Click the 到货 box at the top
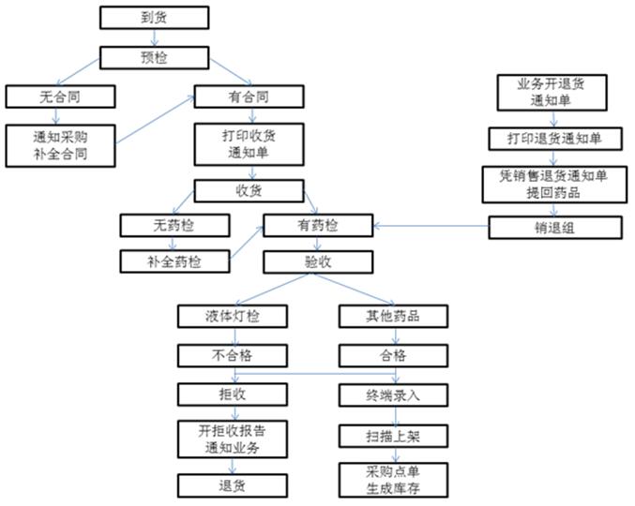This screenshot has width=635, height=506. click(153, 17)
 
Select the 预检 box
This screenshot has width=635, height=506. click(153, 57)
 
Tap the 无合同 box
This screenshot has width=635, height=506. click(60, 97)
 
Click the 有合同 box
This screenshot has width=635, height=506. click(249, 97)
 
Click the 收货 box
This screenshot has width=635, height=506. click(249, 190)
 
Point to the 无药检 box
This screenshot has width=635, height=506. click(174, 225)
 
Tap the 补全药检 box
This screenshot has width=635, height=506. click(174, 260)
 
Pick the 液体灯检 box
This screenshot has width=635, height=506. click(232, 316)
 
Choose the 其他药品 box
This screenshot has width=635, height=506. click(393, 316)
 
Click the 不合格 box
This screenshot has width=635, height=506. click(232, 355)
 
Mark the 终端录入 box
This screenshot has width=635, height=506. click(393, 394)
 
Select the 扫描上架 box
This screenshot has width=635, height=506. click(393, 435)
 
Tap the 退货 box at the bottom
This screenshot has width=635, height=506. click(232, 485)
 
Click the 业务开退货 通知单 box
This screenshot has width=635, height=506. click(554, 91)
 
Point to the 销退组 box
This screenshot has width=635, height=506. click(554, 226)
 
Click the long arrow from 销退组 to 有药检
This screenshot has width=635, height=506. click(431, 226)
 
